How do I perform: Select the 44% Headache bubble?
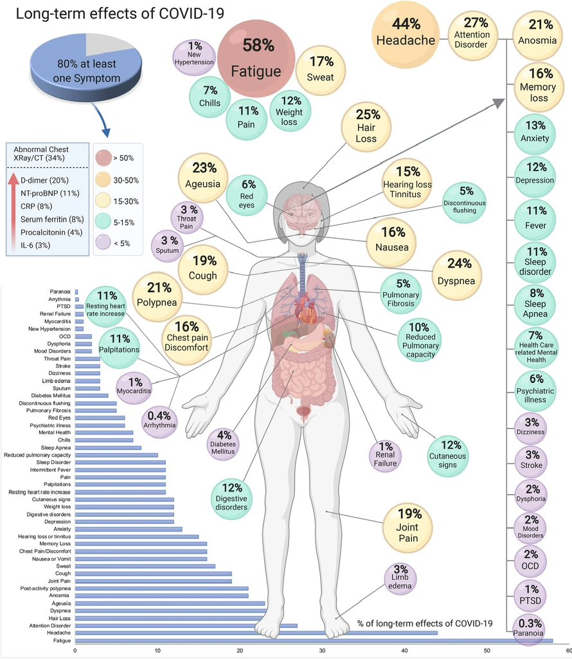click(x=406, y=32)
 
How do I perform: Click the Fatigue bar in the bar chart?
click(x=314, y=640)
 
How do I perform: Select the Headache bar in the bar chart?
click(x=256, y=633)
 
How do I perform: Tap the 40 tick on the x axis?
click(x=405, y=651)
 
